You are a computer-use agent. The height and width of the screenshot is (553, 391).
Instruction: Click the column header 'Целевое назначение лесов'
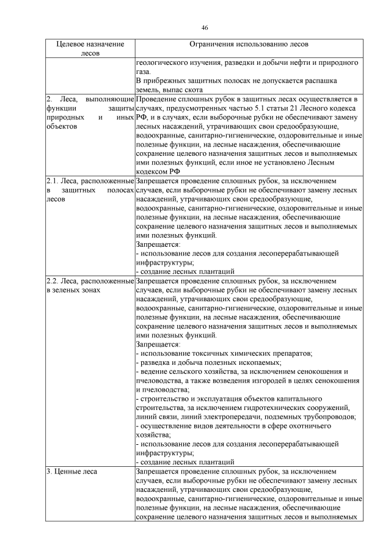pyautogui.click(x=90, y=49)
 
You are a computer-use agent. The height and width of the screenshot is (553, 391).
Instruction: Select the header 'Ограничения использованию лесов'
pyautogui.click(x=249, y=45)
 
